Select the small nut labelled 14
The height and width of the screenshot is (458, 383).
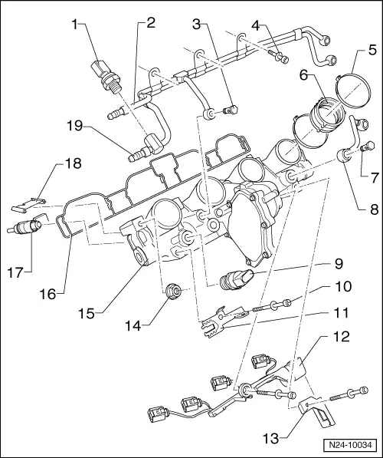pos(173,292)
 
